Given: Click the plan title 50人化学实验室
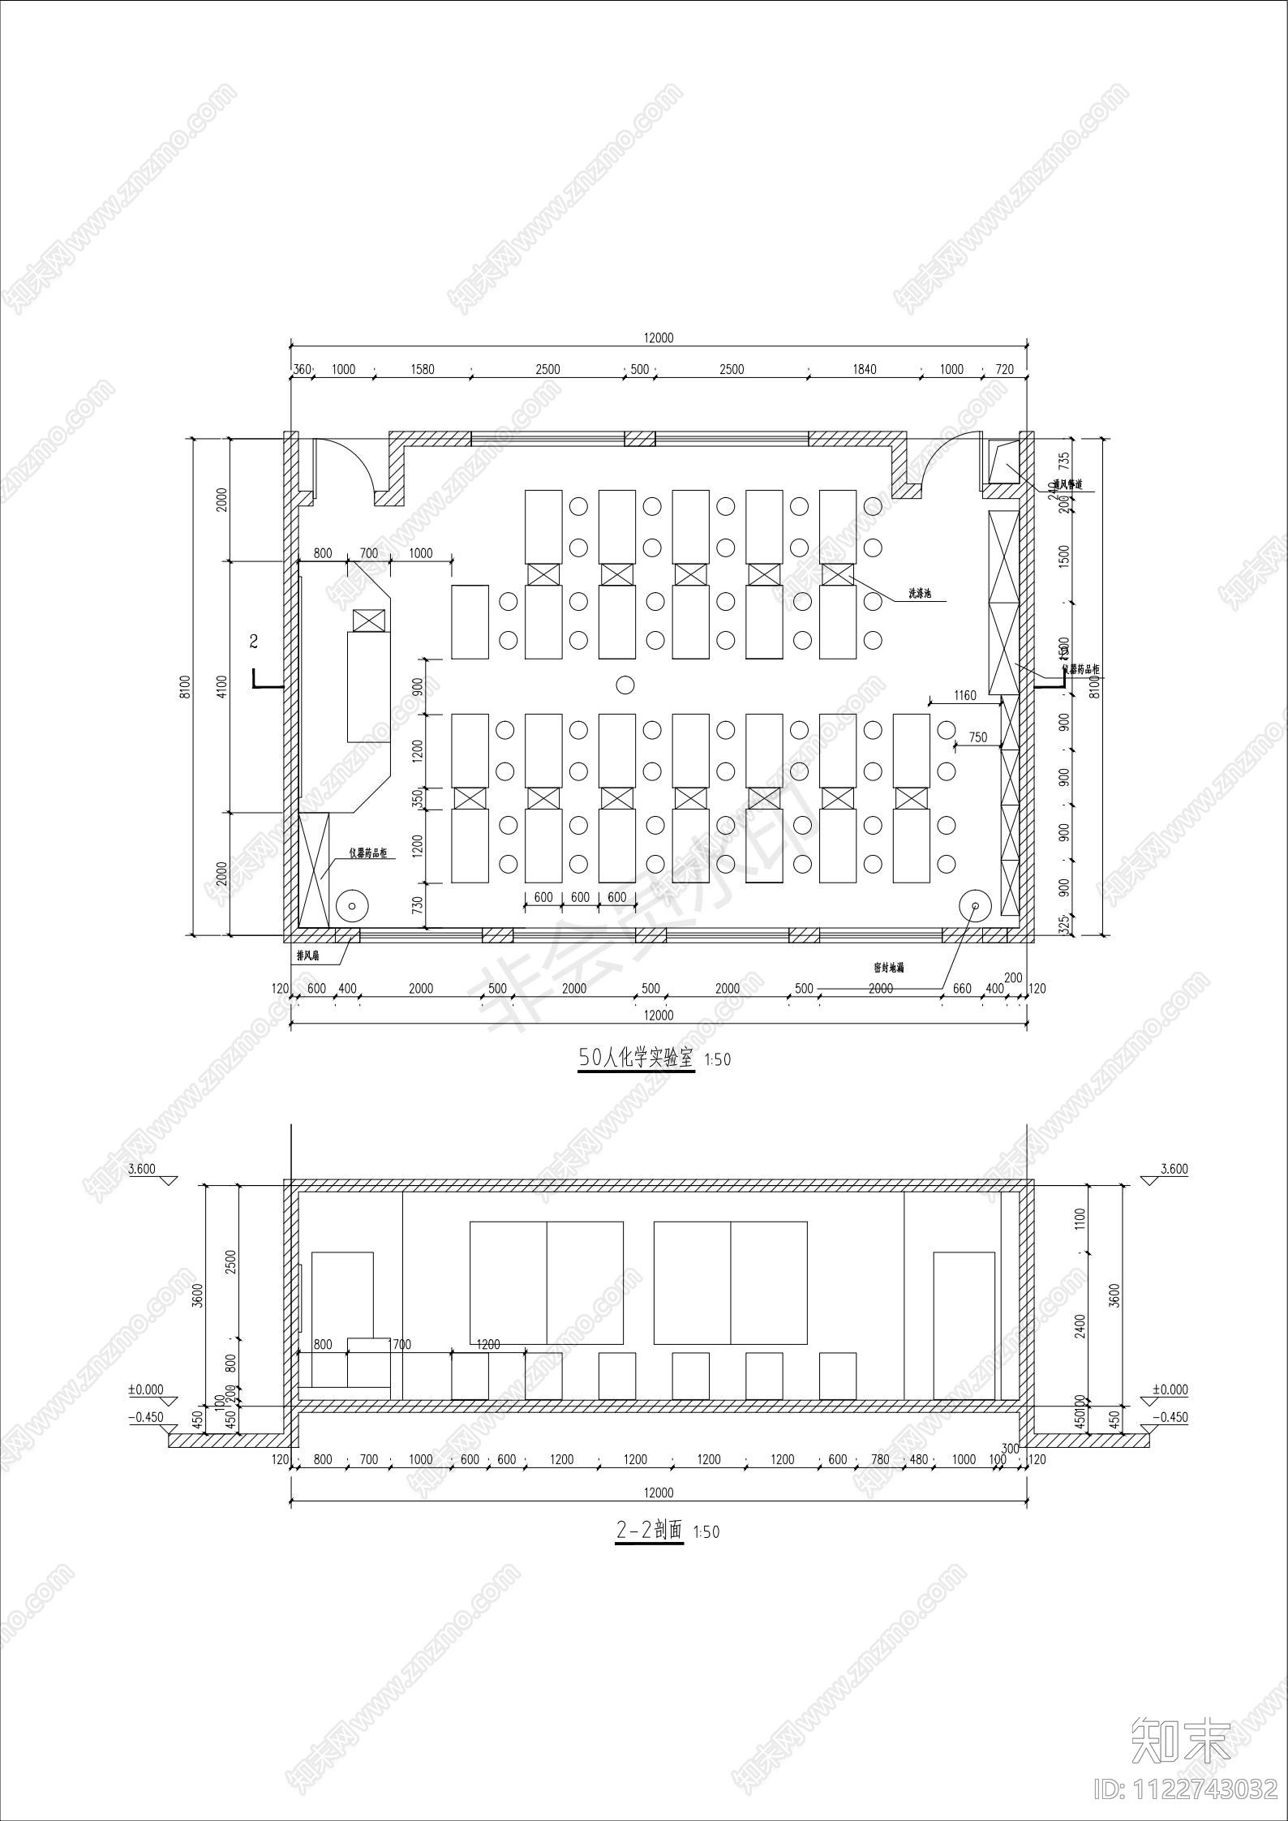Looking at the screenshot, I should pyautogui.click(x=636, y=1058).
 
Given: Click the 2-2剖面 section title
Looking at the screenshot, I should pyautogui.click(x=650, y=1531).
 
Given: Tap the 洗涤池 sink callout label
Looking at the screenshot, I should pyautogui.click(x=918, y=595).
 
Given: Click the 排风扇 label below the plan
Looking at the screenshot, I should pyautogui.click(x=308, y=956).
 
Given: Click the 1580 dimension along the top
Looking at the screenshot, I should pyautogui.click(x=422, y=369).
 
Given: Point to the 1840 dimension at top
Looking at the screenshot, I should pyautogui.click(x=865, y=369).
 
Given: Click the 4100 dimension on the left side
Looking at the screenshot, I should pyautogui.click(x=222, y=685).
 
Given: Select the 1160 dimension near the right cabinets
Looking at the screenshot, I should pyautogui.click(x=964, y=695).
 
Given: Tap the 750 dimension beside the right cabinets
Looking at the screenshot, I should pyautogui.click(x=978, y=737).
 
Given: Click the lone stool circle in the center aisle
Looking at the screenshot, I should pyautogui.click(x=625, y=685).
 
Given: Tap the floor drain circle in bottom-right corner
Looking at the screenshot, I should pyautogui.click(x=975, y=905).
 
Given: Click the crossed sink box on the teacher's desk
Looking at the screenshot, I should pyautogui.click(x=369, y=621).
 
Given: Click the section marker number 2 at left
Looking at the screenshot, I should pyautogui.click(x=254, y=642).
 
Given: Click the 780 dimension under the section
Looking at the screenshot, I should pyautogui.click(x=880, y=1459).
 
